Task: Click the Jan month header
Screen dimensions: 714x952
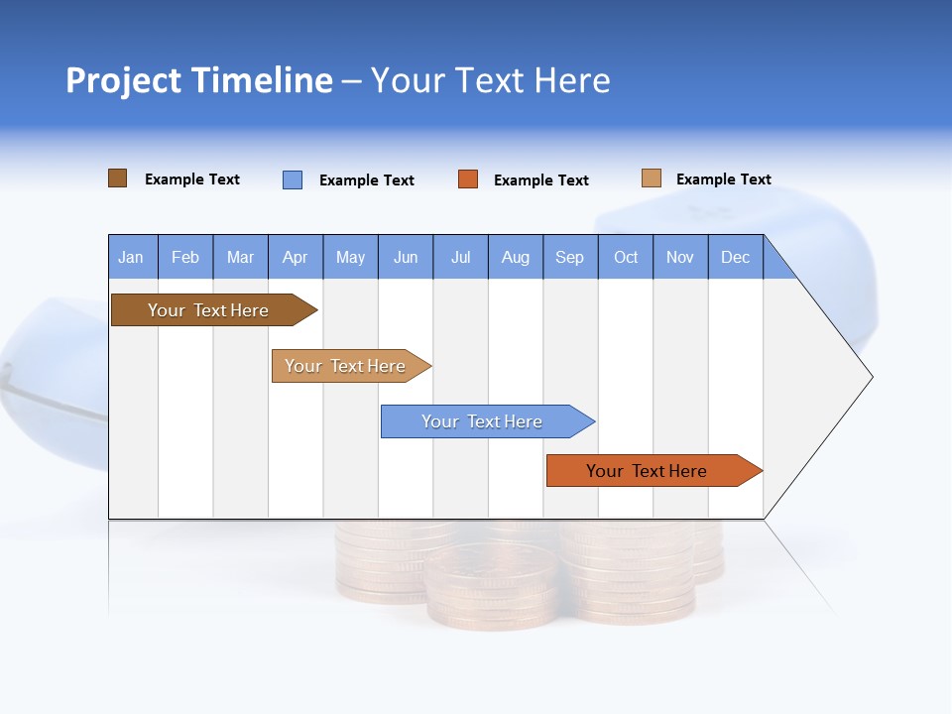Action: pyautogui.click(x=132, y=257)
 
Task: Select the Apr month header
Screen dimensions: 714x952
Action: pyautogui.click(x=296, y=257)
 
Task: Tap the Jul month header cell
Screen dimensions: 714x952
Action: pyautogui.click(x=460, y=257)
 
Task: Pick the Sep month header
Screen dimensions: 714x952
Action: pyautogui.click(x=570, y=257)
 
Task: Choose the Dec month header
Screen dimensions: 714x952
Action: pyautogui.click(x=735, y=257)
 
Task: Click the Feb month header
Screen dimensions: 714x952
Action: pyautogui.click(x=185, y=257)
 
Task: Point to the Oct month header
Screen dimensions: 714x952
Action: pyautogui.click(x=626, y=257)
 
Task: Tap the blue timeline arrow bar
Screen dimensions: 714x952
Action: pyautogui.click(x=483, y=421)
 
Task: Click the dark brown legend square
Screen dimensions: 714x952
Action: pyautogui.click(x=118, y=178)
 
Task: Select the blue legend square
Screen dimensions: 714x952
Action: pyautogui.click(x=293, y=179)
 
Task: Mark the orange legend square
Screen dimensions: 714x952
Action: pyautogui.click(x=468, y=179)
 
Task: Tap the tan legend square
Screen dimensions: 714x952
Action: pyautogui.click(x=652, y=178)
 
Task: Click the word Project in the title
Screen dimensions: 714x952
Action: pyautogui.click(x=122, y=80)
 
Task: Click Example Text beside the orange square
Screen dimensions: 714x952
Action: pyautogui.click(x=541, y=180)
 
